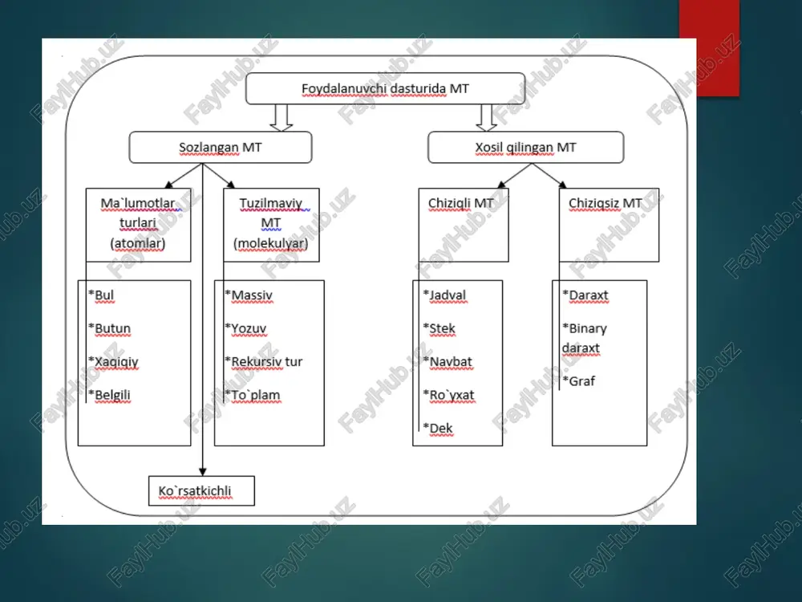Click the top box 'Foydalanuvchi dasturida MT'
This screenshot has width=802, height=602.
(x=385, y=88)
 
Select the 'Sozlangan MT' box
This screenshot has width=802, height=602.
(x=221, y=148)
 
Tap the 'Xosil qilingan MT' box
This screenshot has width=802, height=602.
(x=526, y=148)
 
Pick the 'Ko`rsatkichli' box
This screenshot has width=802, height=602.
(x=201, y=491)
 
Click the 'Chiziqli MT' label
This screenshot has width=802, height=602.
(x=461, y=203)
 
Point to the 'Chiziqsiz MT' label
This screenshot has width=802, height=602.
(x=605, y=203)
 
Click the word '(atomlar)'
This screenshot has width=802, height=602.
(x=138, y=243)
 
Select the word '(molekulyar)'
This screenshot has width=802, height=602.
(x=271, y=243)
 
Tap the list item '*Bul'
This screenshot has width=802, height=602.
(x=101, y=295)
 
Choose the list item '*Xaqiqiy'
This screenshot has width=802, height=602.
(x=113, y=362)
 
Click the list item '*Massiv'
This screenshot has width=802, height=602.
(x=249, y=295)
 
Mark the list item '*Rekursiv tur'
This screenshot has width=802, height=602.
(x=263, y=362)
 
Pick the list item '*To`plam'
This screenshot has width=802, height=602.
(x=252, y=395)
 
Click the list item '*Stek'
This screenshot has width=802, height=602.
(x=439, y=328)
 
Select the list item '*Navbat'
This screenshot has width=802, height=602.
(x=448, y=362)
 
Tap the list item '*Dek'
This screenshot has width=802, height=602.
(x=438, y=429)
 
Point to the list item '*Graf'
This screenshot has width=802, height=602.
(x=578, y=380)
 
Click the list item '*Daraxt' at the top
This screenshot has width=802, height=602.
(x=585, y=295)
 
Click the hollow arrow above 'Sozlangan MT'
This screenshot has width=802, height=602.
(x=281, y=118)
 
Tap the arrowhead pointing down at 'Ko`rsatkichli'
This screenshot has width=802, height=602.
(x=203, y=471)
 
